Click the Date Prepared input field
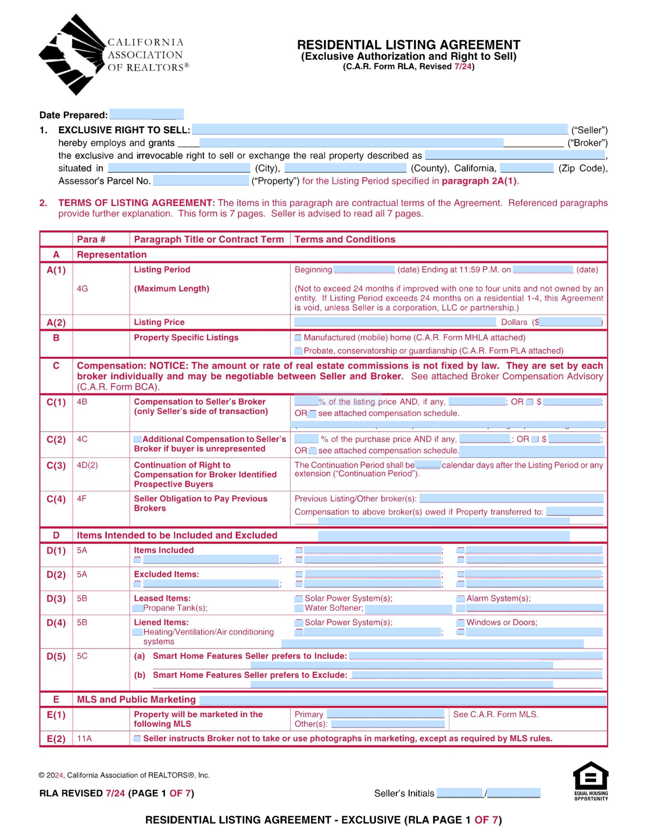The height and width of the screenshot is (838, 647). click(x=146, y=114)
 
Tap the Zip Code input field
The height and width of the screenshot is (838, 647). click(x=527, y=168)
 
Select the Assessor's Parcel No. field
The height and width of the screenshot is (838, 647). click(x=201, y=180)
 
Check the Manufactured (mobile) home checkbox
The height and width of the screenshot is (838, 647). click(x=298, y=338)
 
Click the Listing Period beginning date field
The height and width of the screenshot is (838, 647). click(x=363, y=269)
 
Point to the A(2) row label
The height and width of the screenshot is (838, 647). click(x=56, y=322)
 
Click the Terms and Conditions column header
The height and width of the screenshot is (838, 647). click(x=345, y=239)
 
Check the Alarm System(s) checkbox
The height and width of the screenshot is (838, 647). click(x=460, y=598)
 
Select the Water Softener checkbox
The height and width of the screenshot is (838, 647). click(x=299, y=608)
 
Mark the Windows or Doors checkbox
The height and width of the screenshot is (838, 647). click(x=460, y=623)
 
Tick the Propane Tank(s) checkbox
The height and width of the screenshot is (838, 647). click(x=138, y=608)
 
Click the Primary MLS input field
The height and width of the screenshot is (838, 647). click(x=386, y=714)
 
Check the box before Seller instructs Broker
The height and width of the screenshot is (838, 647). click(x=137, y=738)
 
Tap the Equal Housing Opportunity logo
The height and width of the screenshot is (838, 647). click(x=591, y=780)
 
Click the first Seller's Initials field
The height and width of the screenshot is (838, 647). click(x=460, y=793)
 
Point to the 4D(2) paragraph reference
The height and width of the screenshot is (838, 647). click(x=87, y=465)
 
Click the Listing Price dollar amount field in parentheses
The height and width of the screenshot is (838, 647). click(x=570, y=322)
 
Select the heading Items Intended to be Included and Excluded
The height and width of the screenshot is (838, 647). click(x=177, y=535)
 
